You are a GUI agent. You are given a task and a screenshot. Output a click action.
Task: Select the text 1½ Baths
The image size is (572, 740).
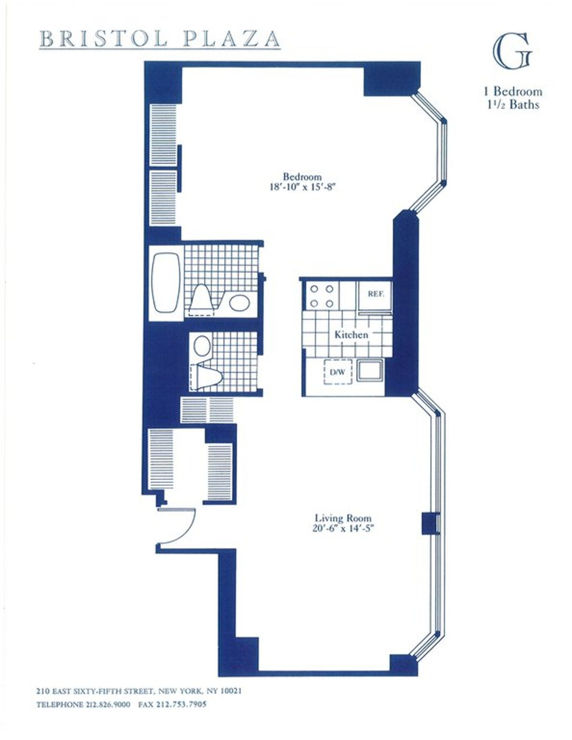511,104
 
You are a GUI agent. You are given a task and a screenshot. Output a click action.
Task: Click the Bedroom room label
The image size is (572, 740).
302,177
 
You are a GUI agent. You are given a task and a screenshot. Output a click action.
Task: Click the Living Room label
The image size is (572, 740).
343,518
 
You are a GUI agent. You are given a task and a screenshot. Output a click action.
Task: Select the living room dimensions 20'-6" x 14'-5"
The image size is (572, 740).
343,529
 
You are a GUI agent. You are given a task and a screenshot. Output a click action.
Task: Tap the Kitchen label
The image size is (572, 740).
351,334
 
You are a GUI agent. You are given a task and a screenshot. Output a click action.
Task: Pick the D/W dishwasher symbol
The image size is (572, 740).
337,371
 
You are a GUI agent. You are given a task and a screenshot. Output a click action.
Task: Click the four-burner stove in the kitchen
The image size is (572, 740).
321,295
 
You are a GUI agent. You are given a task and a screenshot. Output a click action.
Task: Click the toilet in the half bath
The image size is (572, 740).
208,377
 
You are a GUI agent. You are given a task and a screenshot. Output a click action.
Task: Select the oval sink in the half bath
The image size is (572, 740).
202,345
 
